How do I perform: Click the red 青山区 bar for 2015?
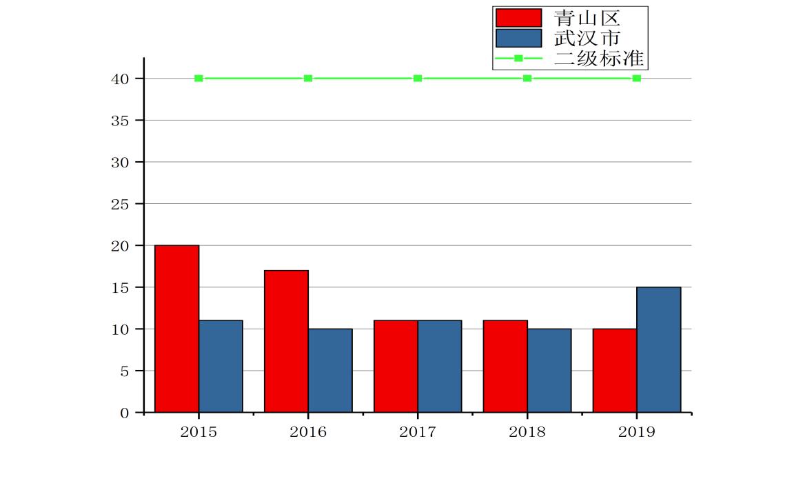click(176, 329)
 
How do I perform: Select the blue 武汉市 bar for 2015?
click(221, 366)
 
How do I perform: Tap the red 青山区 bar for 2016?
click(286, 341)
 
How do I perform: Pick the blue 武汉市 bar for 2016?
click(330, 370)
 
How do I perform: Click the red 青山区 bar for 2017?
click(396, 366)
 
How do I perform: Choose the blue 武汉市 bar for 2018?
click(549, 370)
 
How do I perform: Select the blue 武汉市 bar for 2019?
click(659, 349)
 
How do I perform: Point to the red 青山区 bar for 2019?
click(615, 370)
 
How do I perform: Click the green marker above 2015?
click(199, 79)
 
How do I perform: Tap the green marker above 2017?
click(418, 79)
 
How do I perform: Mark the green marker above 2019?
click(637, 79)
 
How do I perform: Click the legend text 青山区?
click(587, 18)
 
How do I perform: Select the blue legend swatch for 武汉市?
click(518, 38)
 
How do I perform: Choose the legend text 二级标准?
click(598, 58)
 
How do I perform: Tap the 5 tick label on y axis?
click(124, 371)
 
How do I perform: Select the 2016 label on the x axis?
click(308, 432)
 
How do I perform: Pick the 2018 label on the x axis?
click(527, 432)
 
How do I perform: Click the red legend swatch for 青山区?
click(518, 18)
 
